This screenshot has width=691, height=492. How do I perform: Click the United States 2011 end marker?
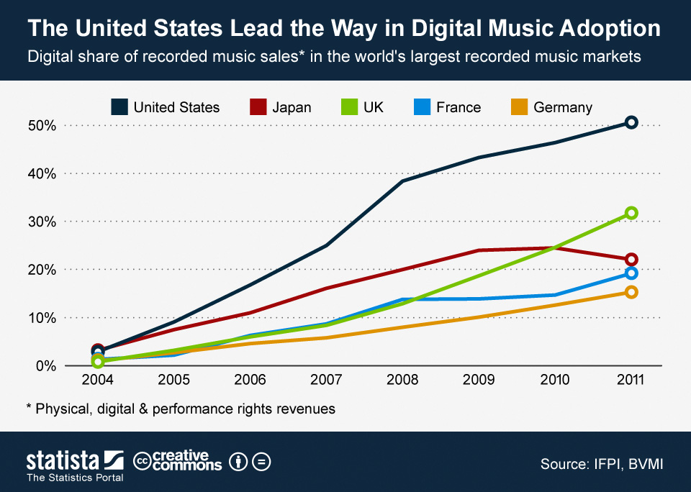(631, 122)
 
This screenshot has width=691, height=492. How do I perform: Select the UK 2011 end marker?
(631, 213)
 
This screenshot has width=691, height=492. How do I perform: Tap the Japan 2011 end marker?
(631, 260)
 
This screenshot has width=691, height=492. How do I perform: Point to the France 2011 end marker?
(631, 273)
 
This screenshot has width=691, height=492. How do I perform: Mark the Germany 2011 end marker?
(631, 292)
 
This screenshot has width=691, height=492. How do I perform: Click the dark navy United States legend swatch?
(119, 107)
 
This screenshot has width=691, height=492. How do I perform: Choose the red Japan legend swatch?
(258, 107)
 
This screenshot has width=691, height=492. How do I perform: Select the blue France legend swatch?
(423, 107)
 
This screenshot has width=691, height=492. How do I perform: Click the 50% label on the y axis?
(41, 126)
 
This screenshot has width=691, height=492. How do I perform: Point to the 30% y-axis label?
(41, 222)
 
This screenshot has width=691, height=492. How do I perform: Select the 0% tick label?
(45, 366)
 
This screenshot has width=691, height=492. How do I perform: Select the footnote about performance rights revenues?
(181, 409)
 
